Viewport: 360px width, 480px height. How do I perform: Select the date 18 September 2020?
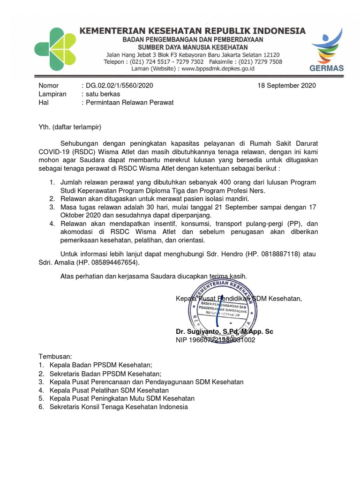(x=287, y=85)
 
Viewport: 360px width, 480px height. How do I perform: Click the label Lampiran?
(x=52, y=94)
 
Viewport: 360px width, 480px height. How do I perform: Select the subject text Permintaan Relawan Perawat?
(x=129, y=102)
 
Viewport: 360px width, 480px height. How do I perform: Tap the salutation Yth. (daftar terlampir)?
(x=70, y=127)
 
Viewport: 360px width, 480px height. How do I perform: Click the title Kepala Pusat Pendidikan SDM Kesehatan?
(x=239, y=299)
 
